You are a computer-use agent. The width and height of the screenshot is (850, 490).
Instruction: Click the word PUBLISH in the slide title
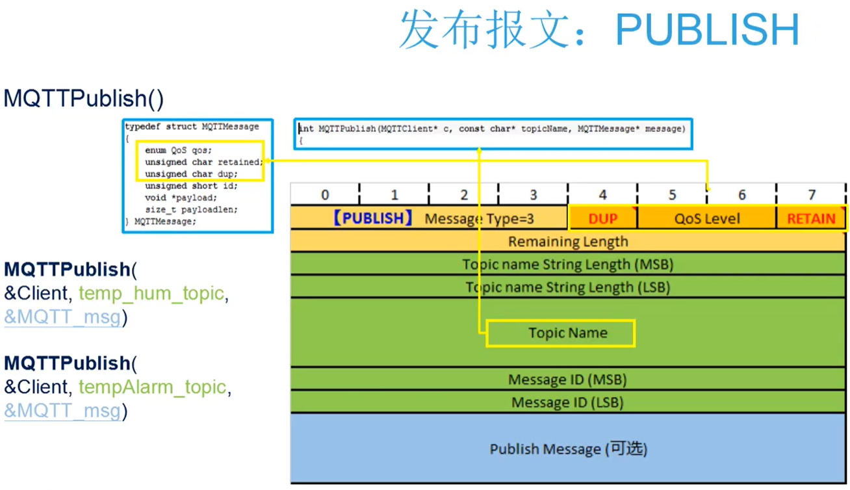707,29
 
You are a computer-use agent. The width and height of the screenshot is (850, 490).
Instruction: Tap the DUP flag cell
602,218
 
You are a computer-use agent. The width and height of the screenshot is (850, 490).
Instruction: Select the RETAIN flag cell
811,218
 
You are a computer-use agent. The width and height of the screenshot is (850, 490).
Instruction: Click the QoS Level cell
707,218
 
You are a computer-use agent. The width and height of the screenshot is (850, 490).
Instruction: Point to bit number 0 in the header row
325,195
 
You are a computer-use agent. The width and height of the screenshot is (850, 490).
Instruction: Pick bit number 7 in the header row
811,195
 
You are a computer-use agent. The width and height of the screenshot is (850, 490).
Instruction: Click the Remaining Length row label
568,242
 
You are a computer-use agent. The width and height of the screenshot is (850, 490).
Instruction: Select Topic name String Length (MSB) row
568,264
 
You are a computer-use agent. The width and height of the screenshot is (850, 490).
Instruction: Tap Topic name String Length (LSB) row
568,287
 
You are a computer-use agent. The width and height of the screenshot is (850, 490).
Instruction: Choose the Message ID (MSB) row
567,380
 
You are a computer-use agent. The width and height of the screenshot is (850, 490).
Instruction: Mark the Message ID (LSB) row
567,402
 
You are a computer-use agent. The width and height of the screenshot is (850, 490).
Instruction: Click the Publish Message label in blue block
568,449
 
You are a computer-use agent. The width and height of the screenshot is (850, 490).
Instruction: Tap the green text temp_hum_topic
151,294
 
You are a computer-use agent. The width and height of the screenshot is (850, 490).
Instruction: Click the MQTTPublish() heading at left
84,99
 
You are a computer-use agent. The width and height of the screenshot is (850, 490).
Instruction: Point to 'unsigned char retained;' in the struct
203,162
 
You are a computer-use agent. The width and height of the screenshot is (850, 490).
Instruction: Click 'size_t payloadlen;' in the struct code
191,210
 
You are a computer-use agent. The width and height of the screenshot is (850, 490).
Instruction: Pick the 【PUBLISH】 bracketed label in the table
372,218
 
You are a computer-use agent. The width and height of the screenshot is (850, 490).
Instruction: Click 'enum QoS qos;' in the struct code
178,150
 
